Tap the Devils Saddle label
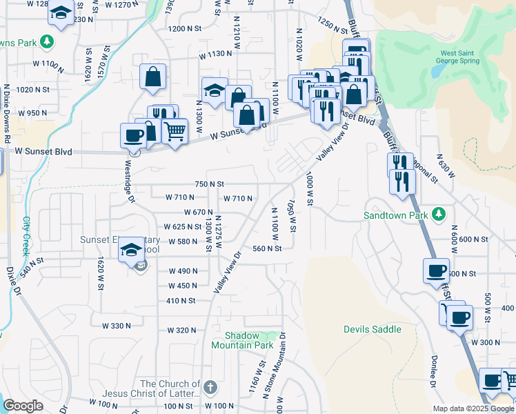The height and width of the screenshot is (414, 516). point(373,329)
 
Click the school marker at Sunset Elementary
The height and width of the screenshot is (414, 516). point(130,250)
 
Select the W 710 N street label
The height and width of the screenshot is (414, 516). point(237,198)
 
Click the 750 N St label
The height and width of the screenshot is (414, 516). point(210,184)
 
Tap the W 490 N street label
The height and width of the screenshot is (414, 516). point(183,271)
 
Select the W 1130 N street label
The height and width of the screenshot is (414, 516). point(215,54)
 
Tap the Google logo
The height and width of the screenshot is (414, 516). point(23,406)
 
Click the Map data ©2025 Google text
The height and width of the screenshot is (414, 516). point(473,408)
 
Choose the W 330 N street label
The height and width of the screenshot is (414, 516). point(116,325)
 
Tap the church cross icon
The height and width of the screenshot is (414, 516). point(210,388)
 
